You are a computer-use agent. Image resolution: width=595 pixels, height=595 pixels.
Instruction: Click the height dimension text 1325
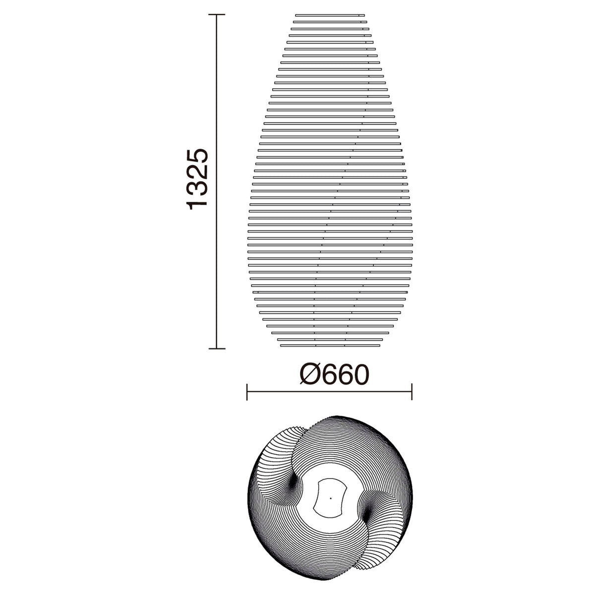[197, 179]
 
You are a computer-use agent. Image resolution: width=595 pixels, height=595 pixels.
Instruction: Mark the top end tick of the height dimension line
[217, 14]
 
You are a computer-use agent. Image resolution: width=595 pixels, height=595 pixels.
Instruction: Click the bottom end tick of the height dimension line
[217, 349]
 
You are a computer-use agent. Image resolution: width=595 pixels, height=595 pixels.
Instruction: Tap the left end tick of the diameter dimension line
[247, 392]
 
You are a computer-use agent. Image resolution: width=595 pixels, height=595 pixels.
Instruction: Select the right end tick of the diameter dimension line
[412, 392]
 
